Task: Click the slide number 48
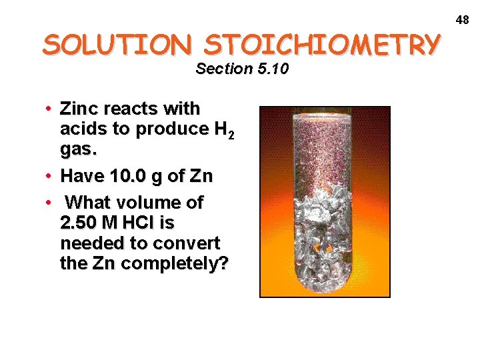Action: click(463, 20)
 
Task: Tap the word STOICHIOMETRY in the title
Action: click(322, 45)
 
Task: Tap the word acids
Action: click(81, 129)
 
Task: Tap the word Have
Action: click(79, 177)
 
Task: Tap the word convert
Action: click(187, 243)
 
